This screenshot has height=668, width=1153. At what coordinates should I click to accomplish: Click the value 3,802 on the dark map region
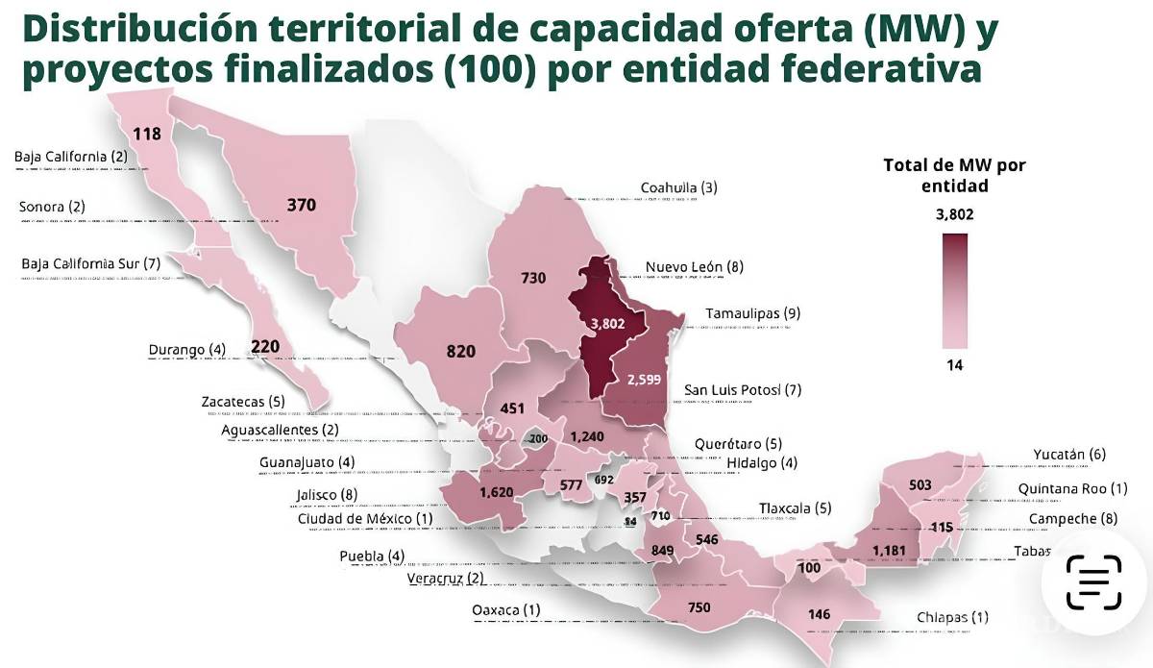click(x=607, y=324)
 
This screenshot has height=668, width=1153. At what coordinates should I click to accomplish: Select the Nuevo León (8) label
click(x=695, y=266)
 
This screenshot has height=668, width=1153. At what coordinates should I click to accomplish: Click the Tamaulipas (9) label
click(x=752, y=313)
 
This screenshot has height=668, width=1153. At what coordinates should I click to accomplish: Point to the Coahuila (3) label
click(x=678, y=187)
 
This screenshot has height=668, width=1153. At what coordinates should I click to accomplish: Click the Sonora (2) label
click(x=52, y=207)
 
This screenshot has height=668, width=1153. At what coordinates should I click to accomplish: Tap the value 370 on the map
click(x=301, y=204)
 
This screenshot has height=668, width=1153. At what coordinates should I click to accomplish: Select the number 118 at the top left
click(x=147, y=134)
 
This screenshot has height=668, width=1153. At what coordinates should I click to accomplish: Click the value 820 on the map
click(x=461, y=351)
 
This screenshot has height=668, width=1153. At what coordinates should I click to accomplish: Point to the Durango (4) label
click(x=186, y=350)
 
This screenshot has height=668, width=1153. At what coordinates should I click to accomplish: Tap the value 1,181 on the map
click(x=889, y=550)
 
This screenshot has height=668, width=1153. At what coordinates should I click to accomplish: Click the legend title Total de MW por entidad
click(x=953, y=175)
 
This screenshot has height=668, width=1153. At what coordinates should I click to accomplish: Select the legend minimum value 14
click(x=953, y=365)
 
